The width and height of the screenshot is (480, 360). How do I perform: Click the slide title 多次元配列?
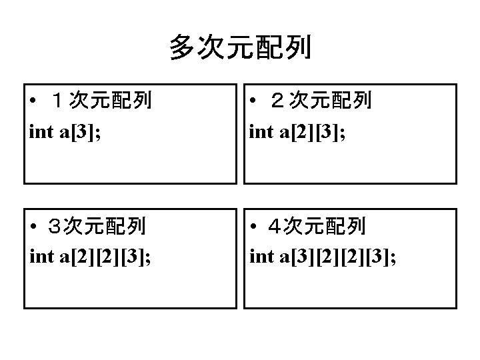(239, 48)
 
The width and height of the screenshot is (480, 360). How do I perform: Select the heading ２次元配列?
(323, 101)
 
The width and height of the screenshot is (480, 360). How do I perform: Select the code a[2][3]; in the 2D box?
(313, 131)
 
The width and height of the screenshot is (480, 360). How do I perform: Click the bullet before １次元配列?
(34, 102)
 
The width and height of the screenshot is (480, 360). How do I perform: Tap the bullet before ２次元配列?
(254, 102)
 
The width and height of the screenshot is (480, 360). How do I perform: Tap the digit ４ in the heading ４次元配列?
(275, 227)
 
